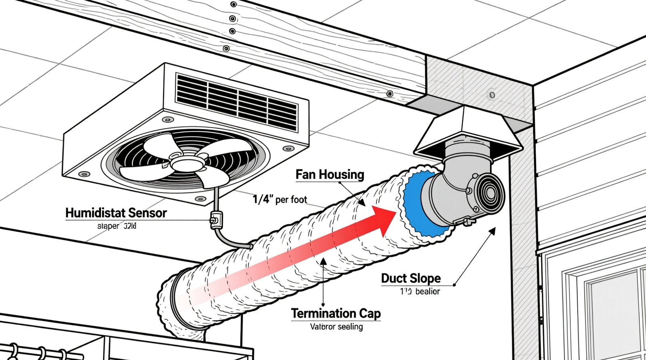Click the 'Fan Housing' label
click(330, 174)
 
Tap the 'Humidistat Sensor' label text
click(116, 213)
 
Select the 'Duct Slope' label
click(411, 278)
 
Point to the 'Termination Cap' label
click(336, 313)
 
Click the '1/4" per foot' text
click(279, 199)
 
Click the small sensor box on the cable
click(215, 219)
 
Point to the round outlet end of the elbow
click(490, 194)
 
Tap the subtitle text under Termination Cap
click(336, 327)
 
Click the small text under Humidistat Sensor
click(117, 226)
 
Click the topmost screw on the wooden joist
click(233, 5)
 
